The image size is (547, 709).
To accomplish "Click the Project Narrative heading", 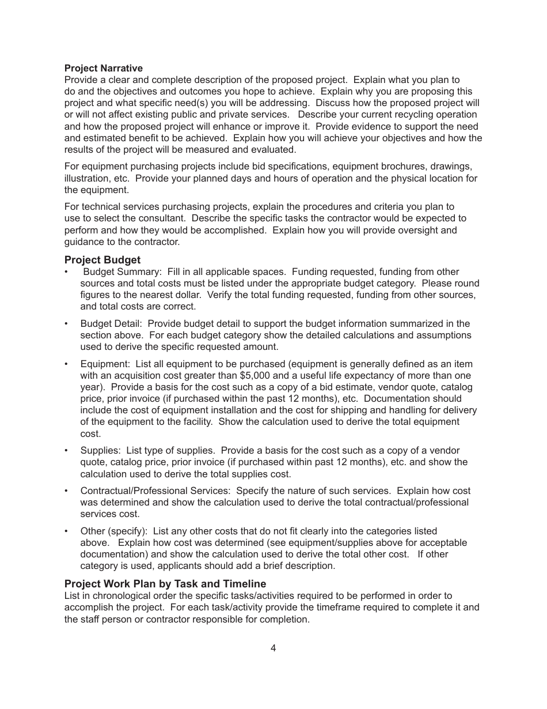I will click(103, 68).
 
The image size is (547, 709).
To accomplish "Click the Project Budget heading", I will click(102, 260).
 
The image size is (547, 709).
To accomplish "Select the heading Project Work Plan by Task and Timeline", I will click(165, 584).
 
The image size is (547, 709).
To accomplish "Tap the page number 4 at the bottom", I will click(273, 648).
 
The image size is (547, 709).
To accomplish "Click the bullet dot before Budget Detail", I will click(66, 323).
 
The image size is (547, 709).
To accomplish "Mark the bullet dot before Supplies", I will click(66, 450).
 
